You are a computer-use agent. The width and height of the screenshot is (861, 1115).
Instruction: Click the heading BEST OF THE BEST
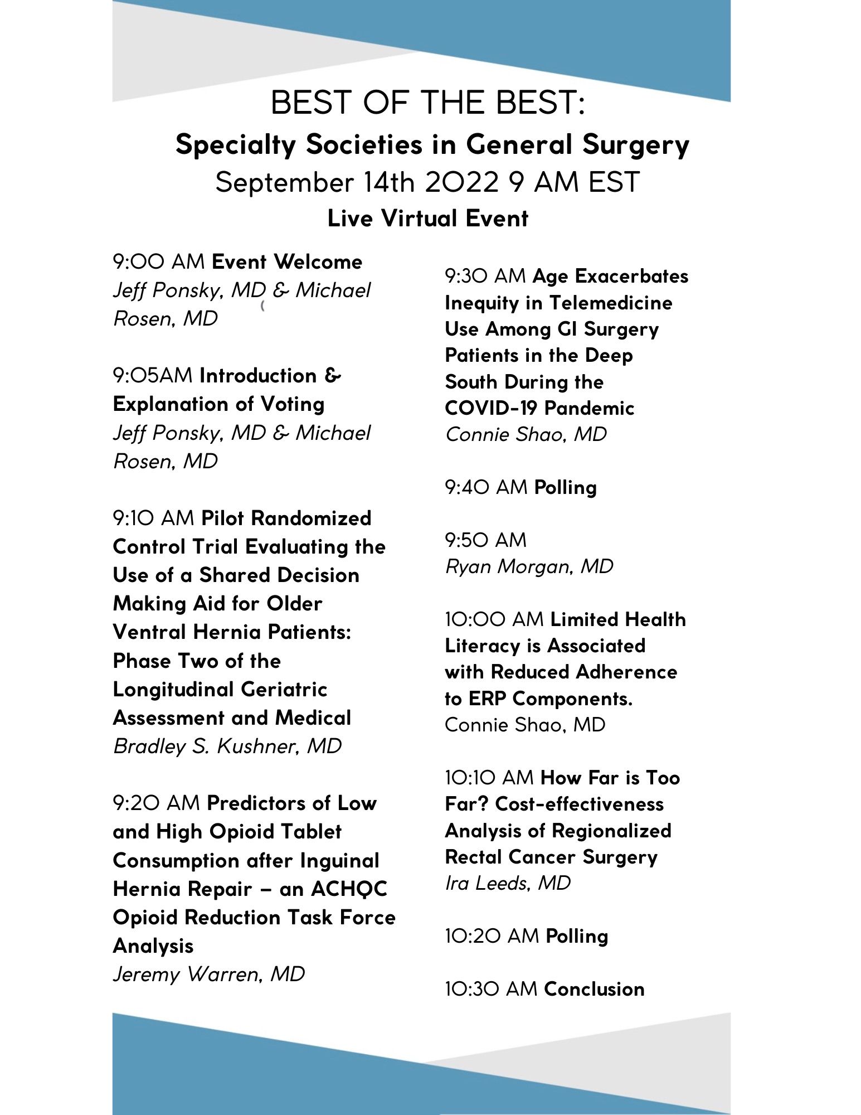pyautogui.click(x=427, y=103)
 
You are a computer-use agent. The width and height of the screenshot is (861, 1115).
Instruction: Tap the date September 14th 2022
pyautogui.click(x=357, y=182)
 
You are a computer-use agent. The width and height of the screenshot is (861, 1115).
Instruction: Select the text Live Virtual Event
pyautogui.click(x=427, y=218)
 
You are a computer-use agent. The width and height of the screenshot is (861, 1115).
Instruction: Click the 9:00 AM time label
pyautogui.click(x=159, y=262)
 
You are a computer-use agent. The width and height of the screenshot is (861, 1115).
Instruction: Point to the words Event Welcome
pyautogui.click(x=287, y=262)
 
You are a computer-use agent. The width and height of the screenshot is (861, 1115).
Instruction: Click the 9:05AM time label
pyautogui.click(x=153, y=376)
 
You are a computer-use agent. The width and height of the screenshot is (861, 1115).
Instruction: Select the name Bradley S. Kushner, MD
pyautogui.click(x=227, y=746)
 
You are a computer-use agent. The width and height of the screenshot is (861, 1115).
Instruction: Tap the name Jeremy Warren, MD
pyautogui.click(x=209, y=974)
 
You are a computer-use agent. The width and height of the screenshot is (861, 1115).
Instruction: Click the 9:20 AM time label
pyautogui.click(x=157, y=803)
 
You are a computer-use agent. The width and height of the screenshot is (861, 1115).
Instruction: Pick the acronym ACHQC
pyautogui.click(x=349, y=889)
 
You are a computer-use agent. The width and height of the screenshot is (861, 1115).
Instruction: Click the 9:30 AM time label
pyautogui.click(x=485, y=276)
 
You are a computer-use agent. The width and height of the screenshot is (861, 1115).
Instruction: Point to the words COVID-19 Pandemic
pyautogui.click(x=539, y=408)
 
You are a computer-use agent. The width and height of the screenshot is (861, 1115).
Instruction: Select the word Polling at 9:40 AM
pyautogui.click(x=565, y=487)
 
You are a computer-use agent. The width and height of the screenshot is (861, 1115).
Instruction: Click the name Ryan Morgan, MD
pyautogui.click(x=529, y=566)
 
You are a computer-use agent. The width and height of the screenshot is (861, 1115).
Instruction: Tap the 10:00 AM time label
pyautogui.click(x=494, y=619)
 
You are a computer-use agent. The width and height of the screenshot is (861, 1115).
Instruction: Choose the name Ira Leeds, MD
pyautogui.click(x=508, y=883)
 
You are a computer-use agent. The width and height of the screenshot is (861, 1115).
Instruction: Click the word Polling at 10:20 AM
pyautogui.click(x=577, y=936)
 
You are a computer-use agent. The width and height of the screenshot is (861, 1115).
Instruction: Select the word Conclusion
pyautogui.click(x=594, y=989)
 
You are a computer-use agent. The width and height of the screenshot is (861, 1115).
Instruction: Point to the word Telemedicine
pyautogui.click(x=611, y=303)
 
